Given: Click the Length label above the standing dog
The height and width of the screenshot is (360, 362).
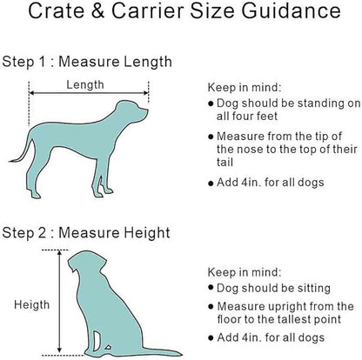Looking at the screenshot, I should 85,84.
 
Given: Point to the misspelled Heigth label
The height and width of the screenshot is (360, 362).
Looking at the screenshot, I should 32,304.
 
